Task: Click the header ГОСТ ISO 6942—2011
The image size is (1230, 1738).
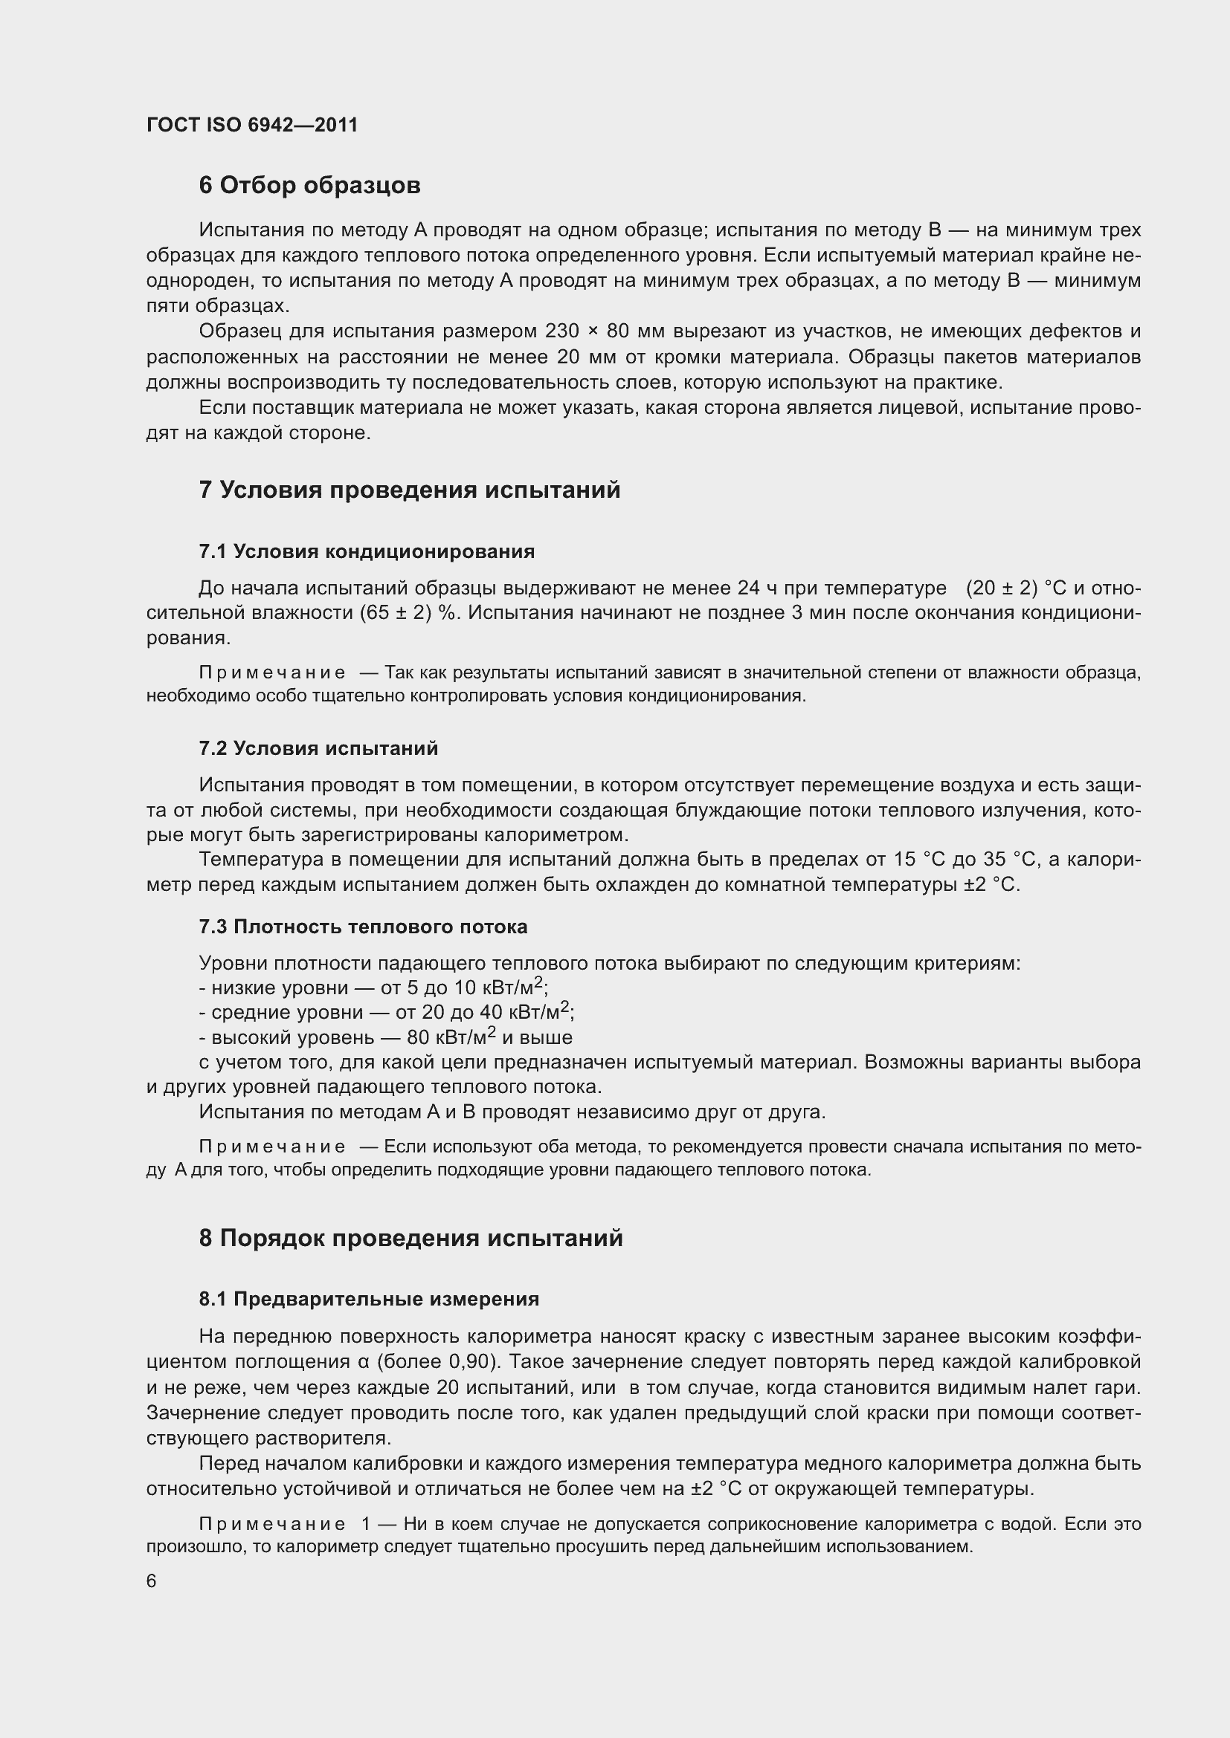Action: (251, 125)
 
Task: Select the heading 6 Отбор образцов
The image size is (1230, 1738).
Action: (309, 186)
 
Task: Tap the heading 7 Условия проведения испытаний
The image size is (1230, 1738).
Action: (409, 490)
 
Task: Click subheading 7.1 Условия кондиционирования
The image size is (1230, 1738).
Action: (367, 551)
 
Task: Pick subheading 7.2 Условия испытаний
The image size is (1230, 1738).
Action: (318, 748)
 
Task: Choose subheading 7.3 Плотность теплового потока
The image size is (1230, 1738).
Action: (363, 927)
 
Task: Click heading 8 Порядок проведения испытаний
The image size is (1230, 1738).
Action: (410, 1238)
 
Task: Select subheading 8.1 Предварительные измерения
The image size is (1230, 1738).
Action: (369, 1299)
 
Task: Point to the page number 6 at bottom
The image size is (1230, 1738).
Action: (152, 1581)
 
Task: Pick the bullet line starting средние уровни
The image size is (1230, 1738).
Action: (386, 1013)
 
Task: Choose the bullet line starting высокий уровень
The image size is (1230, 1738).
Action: (384, 1038)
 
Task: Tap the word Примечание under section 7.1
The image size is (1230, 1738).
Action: (272, 672)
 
